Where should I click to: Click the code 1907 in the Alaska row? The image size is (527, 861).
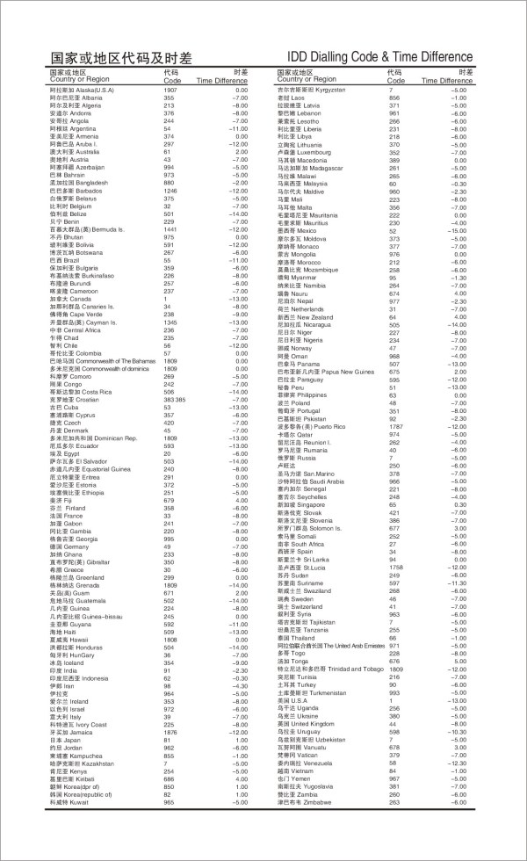(170, 90)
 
